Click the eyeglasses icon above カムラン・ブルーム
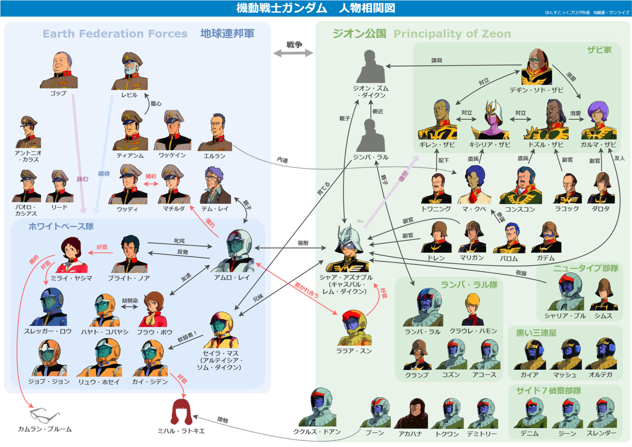[44, 415]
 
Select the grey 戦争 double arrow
[293, 53]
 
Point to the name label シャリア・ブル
[565, 316]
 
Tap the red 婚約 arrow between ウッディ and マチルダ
[151, 184]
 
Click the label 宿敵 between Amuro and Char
[303, 243]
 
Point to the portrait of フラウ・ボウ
[153, 309]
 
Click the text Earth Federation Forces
[115, 34]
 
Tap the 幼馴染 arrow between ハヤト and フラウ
[130, 307]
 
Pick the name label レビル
[129, 95]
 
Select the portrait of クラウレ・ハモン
[473, 309]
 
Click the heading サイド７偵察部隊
[548, 391]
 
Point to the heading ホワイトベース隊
[61, 226]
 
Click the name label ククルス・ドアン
[317, 432]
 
